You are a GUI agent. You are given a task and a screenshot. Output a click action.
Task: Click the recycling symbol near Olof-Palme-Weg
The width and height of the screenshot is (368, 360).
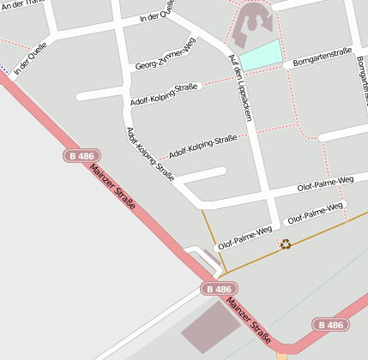[286, 244]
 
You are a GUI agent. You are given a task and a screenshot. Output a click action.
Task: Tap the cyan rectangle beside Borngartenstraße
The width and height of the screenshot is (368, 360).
[260, 55]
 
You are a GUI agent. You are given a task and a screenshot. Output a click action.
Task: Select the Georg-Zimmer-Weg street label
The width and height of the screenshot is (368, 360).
[166, 57]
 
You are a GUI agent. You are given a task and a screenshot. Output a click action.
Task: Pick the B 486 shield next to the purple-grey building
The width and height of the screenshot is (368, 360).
[219, 290]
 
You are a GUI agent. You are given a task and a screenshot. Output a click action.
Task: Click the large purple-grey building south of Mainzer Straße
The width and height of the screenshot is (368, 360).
[210, 326]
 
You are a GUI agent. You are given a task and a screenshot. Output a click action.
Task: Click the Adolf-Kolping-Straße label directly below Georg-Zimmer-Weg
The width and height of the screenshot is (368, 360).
[165, 94]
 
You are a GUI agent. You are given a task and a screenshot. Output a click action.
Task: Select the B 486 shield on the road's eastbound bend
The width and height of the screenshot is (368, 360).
[329, 325]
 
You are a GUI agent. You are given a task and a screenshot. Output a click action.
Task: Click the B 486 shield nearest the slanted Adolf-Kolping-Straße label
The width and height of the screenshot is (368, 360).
[79, 155]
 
